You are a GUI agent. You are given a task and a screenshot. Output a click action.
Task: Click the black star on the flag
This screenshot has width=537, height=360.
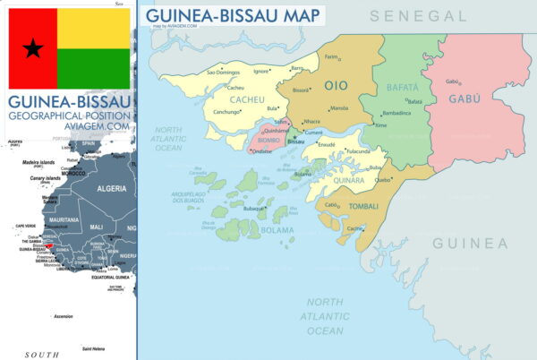33,48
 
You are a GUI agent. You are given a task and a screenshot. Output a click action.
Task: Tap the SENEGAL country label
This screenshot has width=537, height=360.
419,16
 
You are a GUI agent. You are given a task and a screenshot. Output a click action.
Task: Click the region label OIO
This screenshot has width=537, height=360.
336,85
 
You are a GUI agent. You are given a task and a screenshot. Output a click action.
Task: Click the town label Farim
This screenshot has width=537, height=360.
331,56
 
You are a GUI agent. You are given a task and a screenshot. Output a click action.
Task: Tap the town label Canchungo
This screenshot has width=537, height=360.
226,112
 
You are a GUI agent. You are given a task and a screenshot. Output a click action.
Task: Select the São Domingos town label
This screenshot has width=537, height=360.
224,72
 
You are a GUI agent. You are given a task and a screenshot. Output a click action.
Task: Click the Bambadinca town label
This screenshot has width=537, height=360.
396,113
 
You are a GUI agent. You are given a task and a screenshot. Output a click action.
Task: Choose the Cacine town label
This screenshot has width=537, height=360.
355,228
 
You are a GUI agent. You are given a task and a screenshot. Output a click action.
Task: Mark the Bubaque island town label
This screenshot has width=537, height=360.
254,209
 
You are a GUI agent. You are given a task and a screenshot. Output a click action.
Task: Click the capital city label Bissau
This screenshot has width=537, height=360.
295,141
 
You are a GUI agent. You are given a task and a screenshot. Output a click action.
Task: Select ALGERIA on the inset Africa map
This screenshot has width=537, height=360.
111,188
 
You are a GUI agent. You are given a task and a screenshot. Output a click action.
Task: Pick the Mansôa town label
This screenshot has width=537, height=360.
338,107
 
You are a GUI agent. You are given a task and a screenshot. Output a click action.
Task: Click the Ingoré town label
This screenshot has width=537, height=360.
261,71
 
